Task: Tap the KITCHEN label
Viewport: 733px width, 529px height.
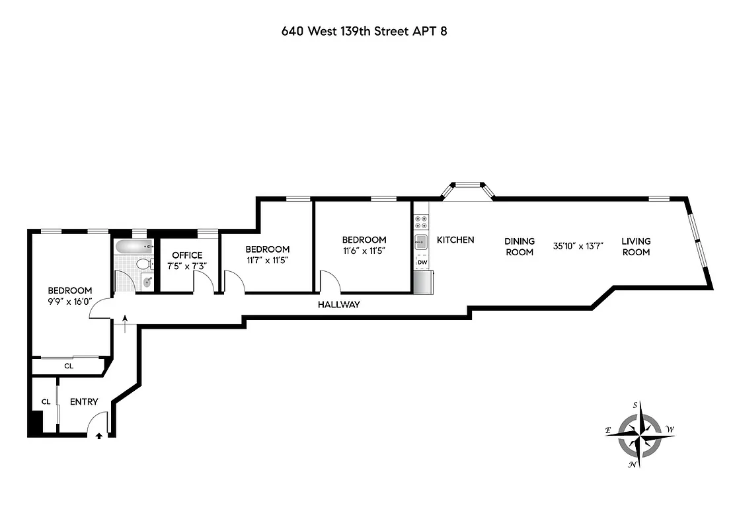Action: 455,240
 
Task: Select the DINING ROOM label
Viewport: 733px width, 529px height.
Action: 520,247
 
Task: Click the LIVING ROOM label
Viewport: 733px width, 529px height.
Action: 636,247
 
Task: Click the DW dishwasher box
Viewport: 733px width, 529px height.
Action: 422,263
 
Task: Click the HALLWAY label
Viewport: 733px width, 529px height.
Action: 338,305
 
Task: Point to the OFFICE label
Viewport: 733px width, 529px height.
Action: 187,255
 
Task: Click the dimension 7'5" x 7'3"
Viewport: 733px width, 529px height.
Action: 187,266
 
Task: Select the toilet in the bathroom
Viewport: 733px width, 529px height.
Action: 142,264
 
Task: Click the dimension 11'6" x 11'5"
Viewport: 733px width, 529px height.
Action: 364,251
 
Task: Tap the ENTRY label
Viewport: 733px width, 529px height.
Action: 84,401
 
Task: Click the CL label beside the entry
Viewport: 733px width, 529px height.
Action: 46,401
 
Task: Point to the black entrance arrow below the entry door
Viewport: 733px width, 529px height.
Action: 99,436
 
